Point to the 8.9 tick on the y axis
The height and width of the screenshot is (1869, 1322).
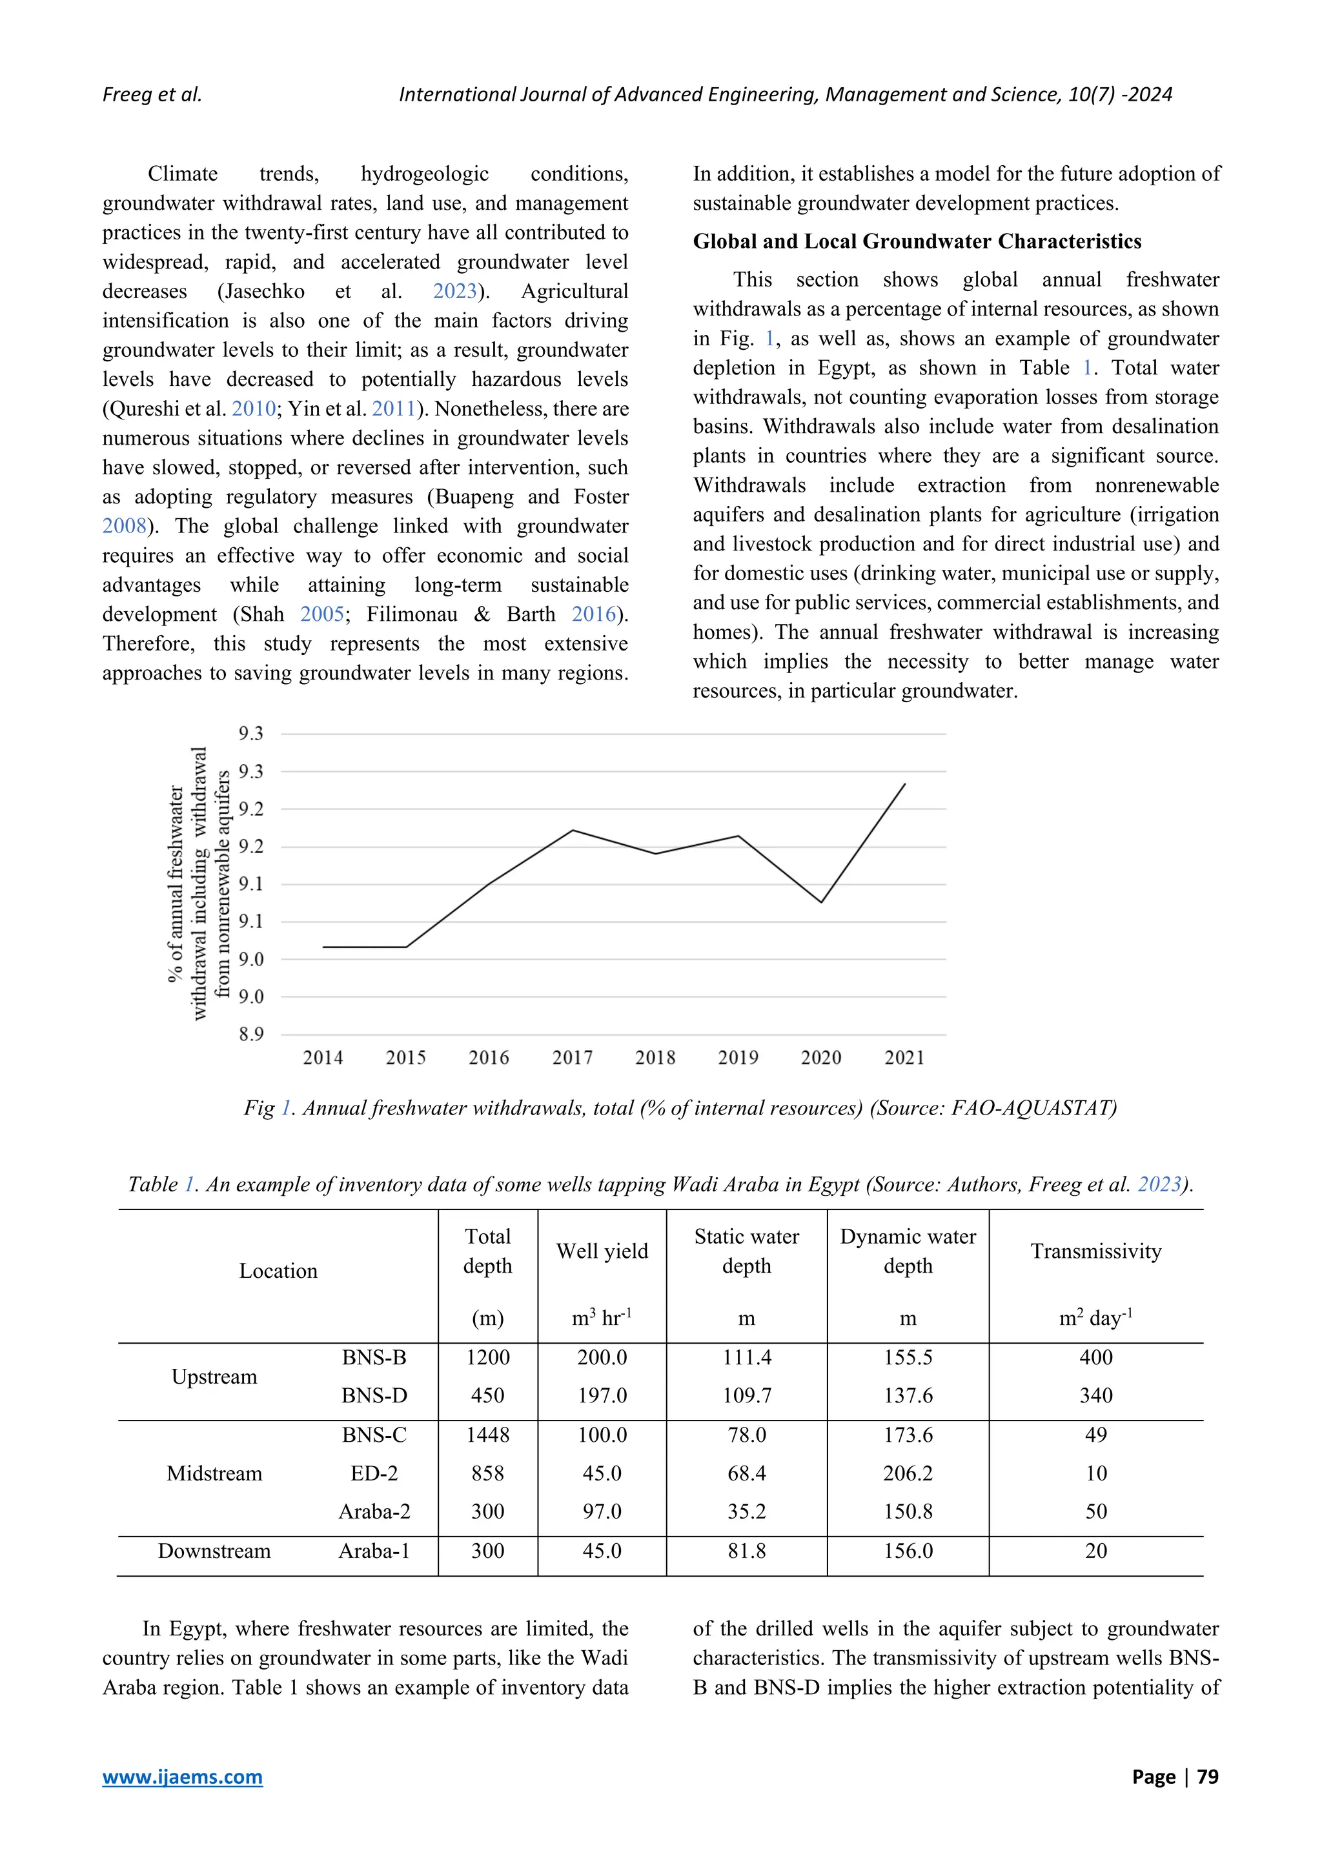(250, 1035)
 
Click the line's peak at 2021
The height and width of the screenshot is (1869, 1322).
(904, 784)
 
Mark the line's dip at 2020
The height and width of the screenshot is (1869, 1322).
(821, 902)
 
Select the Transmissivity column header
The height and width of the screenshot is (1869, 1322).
(1095, 1251)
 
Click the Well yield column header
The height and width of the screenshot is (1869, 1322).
(602, 1251)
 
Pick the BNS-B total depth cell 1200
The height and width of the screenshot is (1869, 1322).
(487, 1357)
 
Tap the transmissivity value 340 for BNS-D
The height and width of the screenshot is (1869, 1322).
(1095, 1395)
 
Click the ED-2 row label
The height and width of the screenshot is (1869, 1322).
(374, 1473)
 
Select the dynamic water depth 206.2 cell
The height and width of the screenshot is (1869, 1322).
(908, 1473)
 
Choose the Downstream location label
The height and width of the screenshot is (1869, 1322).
(214, 1551)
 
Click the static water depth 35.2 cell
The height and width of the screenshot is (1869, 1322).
(746, 1511)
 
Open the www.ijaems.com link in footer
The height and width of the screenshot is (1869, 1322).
(182, 1776)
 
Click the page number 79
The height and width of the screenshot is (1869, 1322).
(1207, 1776)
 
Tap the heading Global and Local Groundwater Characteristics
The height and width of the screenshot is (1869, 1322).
(917, 242)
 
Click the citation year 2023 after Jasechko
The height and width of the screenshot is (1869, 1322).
(454, 292)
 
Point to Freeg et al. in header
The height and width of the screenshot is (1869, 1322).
(152, 94)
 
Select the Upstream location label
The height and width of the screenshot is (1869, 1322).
(214, 1377)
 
